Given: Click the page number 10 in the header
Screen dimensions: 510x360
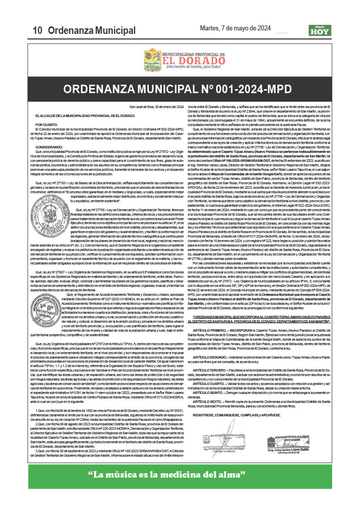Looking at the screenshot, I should (x=37, y=30).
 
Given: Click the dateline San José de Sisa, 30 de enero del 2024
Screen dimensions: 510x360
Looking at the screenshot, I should (x=157, y=107).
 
